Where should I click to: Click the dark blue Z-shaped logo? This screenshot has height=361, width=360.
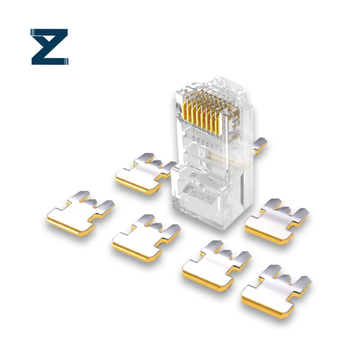tap(49, 46)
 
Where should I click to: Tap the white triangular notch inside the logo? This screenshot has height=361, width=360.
tap(38, 46)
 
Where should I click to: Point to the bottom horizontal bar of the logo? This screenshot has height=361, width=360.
tap(49, 60)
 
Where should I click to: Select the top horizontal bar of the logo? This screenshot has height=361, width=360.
tap(49, 32)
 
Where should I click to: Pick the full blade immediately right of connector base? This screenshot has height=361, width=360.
tap(274, 218)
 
